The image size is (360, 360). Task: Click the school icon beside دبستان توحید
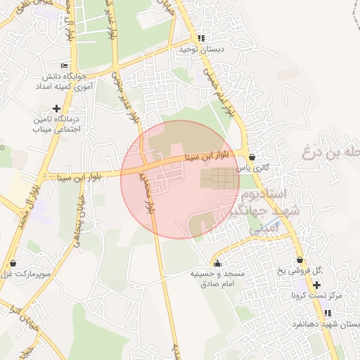[x=201, y=39]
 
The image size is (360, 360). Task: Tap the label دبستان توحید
[x=200, y=50]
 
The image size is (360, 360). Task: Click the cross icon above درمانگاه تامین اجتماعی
[x=56, y=108]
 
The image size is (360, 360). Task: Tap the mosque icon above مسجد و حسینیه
[x=217, y=263]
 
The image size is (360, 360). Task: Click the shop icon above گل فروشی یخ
[x=300, y=260]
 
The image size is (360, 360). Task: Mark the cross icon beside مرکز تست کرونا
[x=317, y=285]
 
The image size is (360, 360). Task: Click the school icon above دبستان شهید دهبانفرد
[x=328, y=314]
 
